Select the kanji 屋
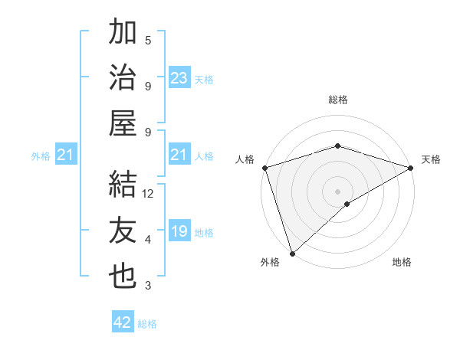(123, 123)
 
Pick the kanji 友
(123, 231)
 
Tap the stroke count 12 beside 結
(149, 194)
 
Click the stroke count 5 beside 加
(148, 41)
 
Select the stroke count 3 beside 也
(148, 286)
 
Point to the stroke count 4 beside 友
(148, 240)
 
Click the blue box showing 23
(179, 78)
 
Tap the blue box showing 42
(123, 322)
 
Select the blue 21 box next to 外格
(66, 155)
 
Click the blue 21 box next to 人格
(179, 155)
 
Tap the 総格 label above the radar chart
(338, 100)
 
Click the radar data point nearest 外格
(292, 254)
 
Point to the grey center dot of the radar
(338, 191)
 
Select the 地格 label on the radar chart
(402, 263)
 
